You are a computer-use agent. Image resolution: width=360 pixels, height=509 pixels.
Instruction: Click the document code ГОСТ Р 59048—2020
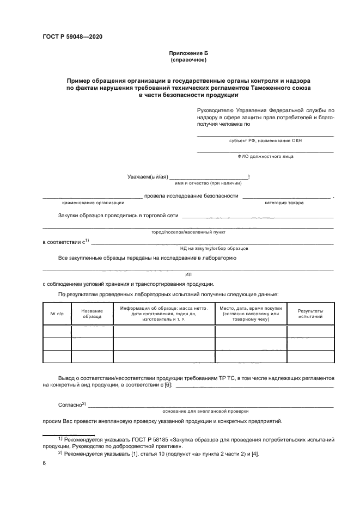72,36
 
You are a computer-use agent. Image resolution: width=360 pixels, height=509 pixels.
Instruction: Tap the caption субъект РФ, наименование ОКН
265,140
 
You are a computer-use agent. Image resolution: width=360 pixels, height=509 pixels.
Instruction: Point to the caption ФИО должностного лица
265,156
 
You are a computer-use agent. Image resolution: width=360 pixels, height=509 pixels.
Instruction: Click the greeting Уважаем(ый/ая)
147,176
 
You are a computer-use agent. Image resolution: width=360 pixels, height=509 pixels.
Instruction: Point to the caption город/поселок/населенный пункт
188,232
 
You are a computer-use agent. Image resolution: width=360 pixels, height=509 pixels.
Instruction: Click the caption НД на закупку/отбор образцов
213,248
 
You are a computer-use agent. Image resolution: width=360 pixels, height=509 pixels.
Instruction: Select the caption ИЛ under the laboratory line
188,275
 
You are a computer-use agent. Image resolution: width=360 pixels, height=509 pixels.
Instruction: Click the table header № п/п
57,314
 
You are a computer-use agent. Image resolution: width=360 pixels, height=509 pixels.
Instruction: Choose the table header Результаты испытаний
310,314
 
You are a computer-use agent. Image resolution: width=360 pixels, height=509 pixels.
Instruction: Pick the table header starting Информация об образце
163,314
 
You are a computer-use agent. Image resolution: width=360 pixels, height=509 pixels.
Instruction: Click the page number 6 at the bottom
44,463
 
